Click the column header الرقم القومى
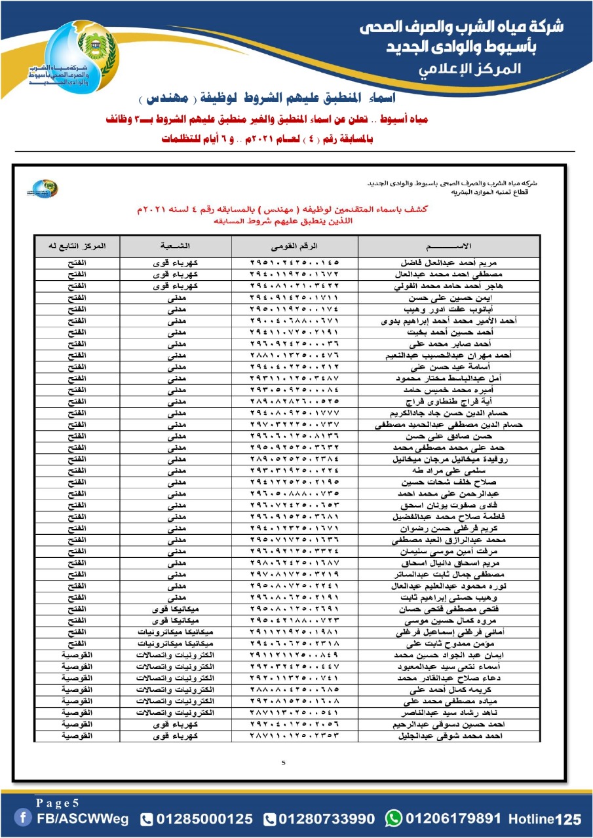[x=294, y=246]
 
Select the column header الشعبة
[x=175, y=246]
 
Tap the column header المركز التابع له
[x=77, y=246]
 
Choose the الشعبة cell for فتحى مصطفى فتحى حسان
[x=175, y=609]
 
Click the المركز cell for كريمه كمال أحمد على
[x=77, y=691]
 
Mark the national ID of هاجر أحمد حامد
[x=294, y=286]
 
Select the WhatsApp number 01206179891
[x=455, y=818]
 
